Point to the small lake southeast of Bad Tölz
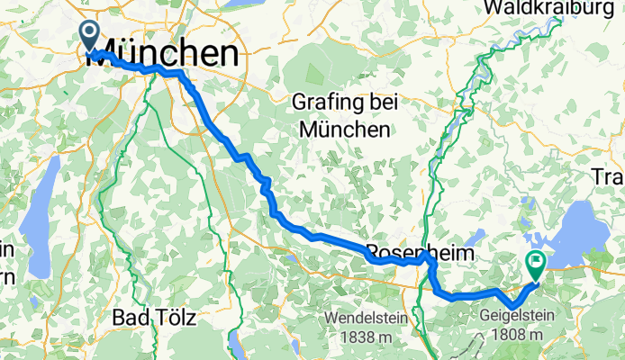pos(236,341)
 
